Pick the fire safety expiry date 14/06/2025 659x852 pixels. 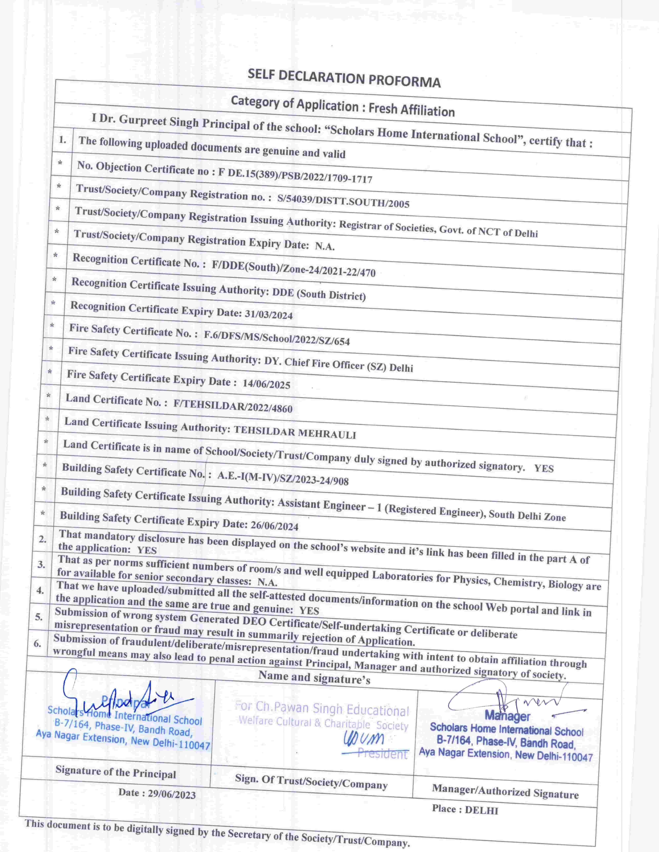pyautogui.click(x=266, y=383)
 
